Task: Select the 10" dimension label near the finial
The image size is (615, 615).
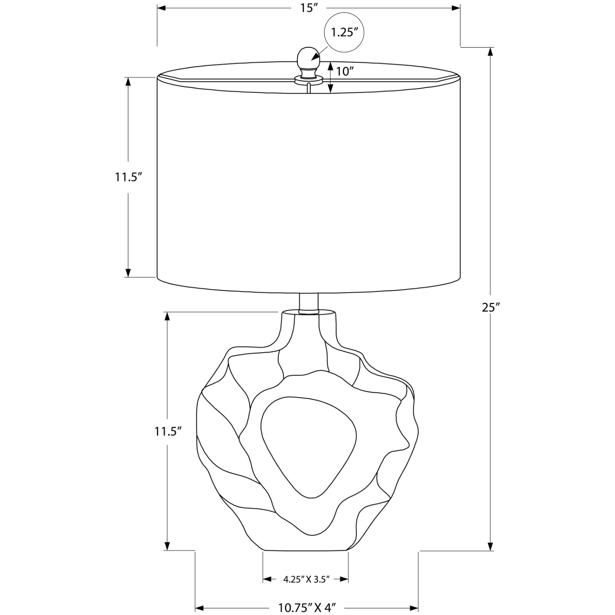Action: [x=345, y=71]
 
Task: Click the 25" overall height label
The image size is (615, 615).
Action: [x=490, y=307]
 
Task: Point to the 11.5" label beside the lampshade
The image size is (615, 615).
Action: [x=128, y=177]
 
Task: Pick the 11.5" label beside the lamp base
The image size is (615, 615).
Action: [x=167, y=431]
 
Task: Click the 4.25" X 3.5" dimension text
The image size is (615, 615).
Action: [x=306, y=580]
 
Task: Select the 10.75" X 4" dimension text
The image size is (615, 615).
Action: [x=307, y=607]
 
